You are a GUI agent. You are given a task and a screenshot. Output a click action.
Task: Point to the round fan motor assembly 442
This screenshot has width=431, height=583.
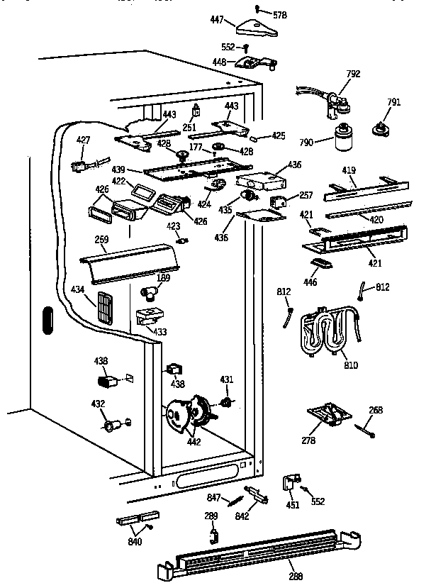[x=186, y=415]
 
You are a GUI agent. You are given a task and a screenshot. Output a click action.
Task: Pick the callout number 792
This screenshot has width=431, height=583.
[x=354, y=72]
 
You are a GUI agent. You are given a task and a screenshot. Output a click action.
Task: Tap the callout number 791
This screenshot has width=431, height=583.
[x=394, y=101]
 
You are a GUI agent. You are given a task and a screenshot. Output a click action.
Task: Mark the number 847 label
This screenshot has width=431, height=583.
[x=214, y=497]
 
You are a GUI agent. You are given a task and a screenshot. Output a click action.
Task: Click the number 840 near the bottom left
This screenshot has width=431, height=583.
[x=135, y=542]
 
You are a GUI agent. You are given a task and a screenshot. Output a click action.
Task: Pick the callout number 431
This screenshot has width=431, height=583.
[x=226, y=380]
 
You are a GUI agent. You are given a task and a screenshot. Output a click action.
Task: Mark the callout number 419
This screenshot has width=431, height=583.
[x=349, y=171]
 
